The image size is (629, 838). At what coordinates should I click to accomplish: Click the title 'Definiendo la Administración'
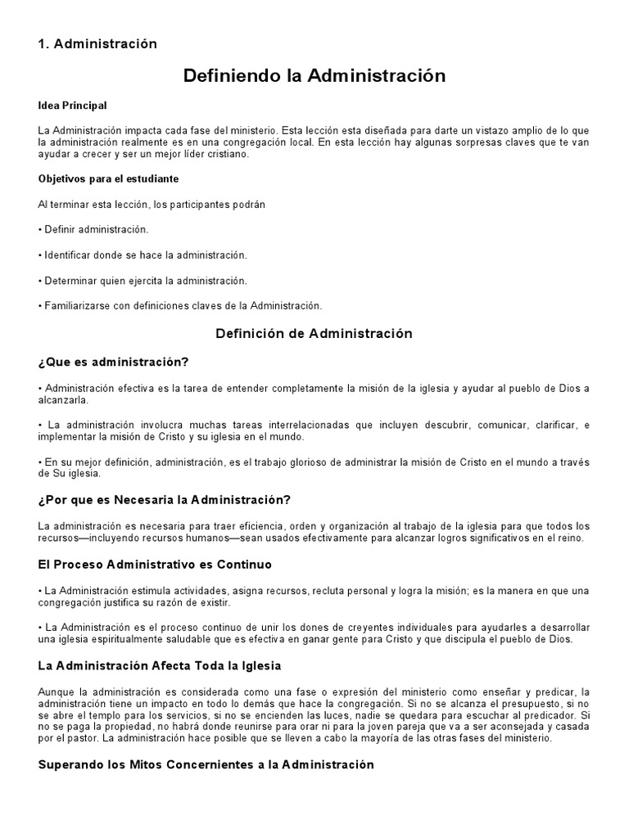[x=314, y=76]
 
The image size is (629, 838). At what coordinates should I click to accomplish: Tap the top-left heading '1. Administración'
[x=97, y=43]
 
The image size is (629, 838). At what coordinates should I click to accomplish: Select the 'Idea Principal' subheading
[x=72, y=106]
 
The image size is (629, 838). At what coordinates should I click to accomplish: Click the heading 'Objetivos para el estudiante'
[x=108, y=178]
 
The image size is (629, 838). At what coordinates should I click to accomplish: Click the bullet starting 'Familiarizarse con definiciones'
[x=180, y=306]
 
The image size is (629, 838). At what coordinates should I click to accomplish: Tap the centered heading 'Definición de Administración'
[x=314, y=334]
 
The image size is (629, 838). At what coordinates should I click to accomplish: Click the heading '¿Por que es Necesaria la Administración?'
[x=165, y=500]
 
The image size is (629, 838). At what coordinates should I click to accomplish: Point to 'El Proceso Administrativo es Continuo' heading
[x=155, y=565]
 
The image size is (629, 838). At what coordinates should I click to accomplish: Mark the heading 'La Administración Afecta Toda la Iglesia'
[x=160, y=666]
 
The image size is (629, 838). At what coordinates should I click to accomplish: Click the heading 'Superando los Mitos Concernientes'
[x=206, y=765]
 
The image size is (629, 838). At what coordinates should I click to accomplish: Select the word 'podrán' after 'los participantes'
[x=248, y=204]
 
